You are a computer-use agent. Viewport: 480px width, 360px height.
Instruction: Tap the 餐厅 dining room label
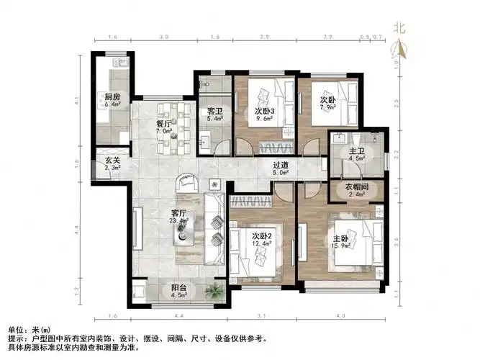[x=163, y=124]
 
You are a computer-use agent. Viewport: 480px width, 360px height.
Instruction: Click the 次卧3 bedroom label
[x=264, y=112]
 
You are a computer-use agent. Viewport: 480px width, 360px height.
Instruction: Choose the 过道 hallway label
[x=281, y=164]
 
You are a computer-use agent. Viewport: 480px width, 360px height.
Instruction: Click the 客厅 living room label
[x=179, y=212]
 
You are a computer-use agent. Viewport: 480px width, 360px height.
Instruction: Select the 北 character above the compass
[x=399, y=28]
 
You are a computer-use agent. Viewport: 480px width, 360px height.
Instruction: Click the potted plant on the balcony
[x=213, y=290]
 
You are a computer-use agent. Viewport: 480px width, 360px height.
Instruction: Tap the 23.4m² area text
[x=179, y=221]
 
